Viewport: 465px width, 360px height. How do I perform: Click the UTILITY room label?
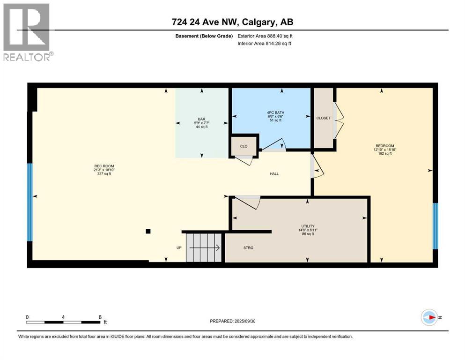coord(307,226)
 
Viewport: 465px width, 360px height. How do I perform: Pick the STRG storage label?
coord(249,247)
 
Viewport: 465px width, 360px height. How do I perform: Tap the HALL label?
coord(274,173)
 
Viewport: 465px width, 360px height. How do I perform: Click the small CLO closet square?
coord(244,146)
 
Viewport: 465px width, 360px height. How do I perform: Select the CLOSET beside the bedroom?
coord(323,118)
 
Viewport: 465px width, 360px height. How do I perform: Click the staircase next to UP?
coord(203,247)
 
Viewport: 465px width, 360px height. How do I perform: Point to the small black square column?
coord(148,231)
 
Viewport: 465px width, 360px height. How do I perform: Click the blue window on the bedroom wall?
coord(435,226)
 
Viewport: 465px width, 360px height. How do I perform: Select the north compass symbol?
coord(429,317)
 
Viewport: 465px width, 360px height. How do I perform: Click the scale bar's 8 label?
coord(100,317)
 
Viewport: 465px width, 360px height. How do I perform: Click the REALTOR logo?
coord(28,32)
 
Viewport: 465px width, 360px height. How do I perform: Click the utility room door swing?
coord(248,202)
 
